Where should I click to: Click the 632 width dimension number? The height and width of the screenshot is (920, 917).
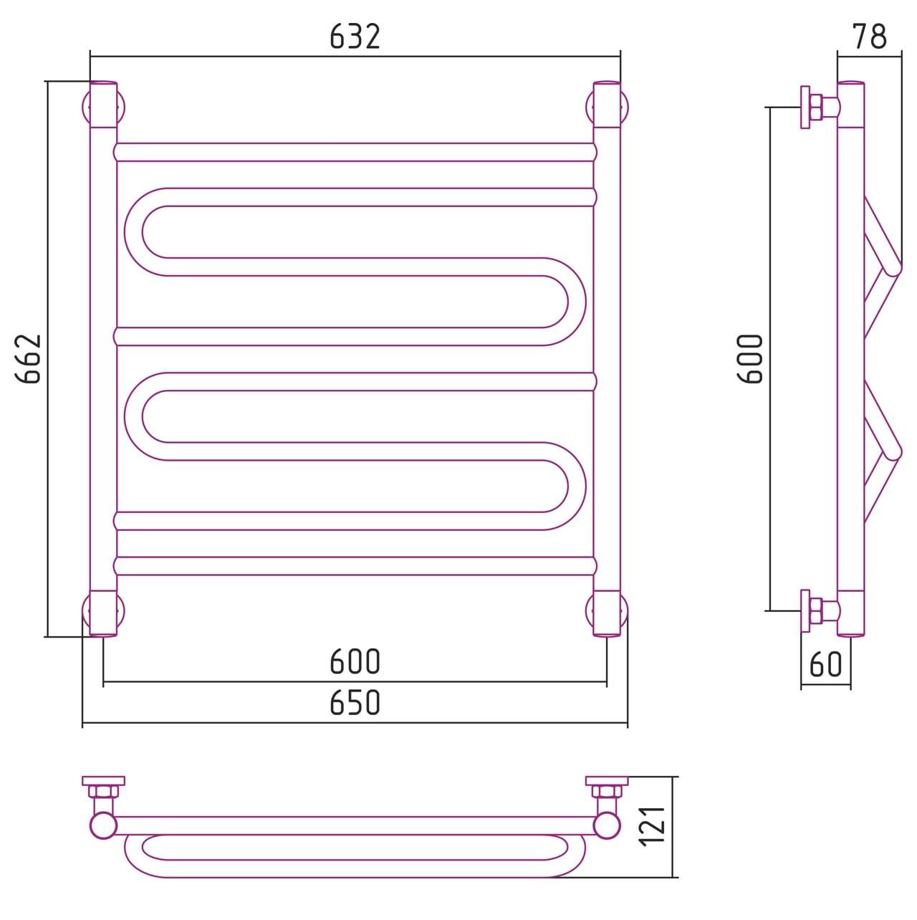[355, 37]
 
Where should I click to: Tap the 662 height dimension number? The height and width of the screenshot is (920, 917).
[29, 359]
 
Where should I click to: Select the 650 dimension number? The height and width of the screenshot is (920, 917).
[355, 701]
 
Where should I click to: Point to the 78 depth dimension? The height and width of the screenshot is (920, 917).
[870, 37]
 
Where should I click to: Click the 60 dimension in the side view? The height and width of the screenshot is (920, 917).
[826, 663]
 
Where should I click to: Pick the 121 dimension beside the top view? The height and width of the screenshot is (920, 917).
[652, 827]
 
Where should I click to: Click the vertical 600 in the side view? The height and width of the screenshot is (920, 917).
[750, 359]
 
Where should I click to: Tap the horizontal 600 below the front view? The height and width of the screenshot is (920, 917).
[355, 661]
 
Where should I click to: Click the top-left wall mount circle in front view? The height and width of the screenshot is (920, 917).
[103, 107]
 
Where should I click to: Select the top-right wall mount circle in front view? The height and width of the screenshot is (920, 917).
[607, 107]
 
